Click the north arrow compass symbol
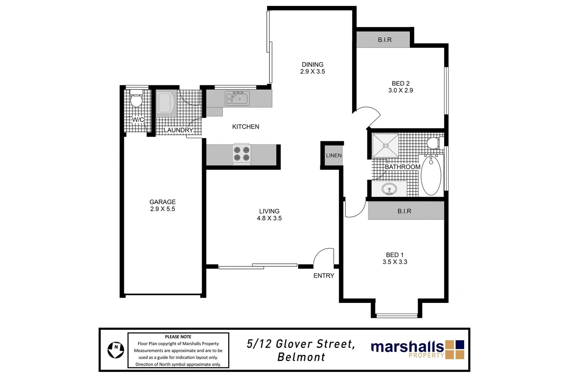point(116,350)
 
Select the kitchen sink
point(238,99)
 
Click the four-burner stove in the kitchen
point(242,154)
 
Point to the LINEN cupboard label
point(333,155)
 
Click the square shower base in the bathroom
point(385,145)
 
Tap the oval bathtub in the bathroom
point(431,176)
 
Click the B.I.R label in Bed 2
point(385,40)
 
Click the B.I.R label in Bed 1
point(404,211)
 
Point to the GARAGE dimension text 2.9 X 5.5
point(162,209)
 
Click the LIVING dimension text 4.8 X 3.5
point(269,218)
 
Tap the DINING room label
point(312,65)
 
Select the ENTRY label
point(323,276)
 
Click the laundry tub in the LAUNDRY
point(165,104)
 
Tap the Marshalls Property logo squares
point(454,350)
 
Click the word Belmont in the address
point(301,357)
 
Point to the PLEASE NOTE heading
point(178,337)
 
